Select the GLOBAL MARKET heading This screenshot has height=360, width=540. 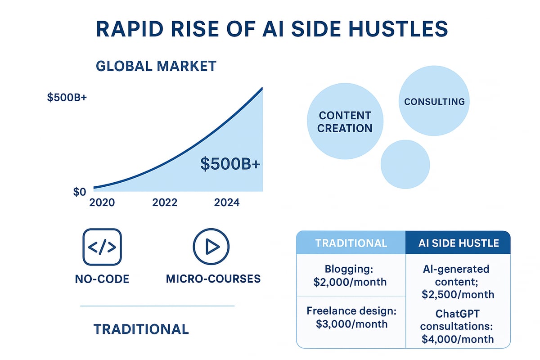(156, 66)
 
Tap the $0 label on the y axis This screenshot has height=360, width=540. (79, 192)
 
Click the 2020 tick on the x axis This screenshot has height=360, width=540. (102, 202)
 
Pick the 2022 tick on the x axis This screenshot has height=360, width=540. (165, 202)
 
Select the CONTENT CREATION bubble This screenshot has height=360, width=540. (345, 121)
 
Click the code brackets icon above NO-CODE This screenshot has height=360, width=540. (102, 247)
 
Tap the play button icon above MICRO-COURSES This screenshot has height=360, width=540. (211, 247)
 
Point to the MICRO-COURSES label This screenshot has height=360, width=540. (213, 279)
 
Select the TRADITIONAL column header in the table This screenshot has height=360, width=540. (351, 243)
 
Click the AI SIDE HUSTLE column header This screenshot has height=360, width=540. (458, 243)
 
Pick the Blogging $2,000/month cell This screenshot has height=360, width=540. (351, 275)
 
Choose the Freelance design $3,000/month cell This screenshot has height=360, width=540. (351, 318)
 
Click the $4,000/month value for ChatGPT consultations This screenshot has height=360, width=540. (458, 339)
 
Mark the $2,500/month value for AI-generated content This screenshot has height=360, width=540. (458, 294)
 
